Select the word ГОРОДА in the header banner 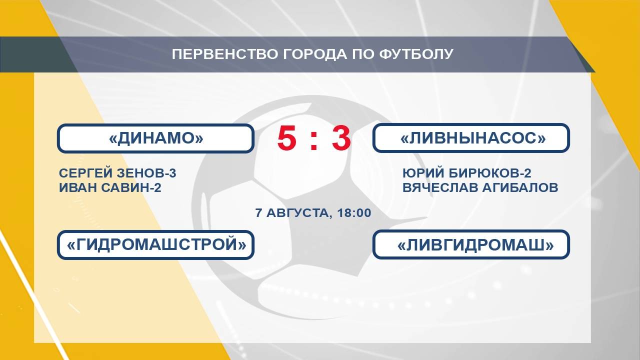314,54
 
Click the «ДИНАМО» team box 155,138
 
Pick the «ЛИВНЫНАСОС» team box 471,138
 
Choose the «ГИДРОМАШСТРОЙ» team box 155,245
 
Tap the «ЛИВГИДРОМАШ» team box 471,244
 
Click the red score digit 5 286,138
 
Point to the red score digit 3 341,138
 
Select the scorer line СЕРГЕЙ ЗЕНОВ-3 117,173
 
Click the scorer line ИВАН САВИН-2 110,187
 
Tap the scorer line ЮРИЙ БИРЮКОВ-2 467,173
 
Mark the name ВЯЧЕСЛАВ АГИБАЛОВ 480,187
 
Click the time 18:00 354,213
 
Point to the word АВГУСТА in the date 299,213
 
